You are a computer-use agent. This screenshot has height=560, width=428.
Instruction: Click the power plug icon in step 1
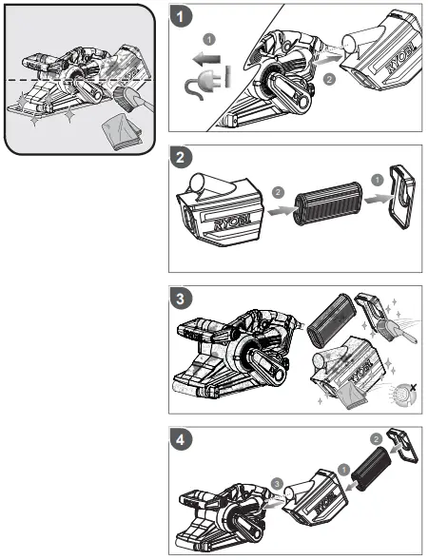(204, 87)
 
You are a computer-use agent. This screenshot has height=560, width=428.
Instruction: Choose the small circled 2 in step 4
(376, 440)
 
